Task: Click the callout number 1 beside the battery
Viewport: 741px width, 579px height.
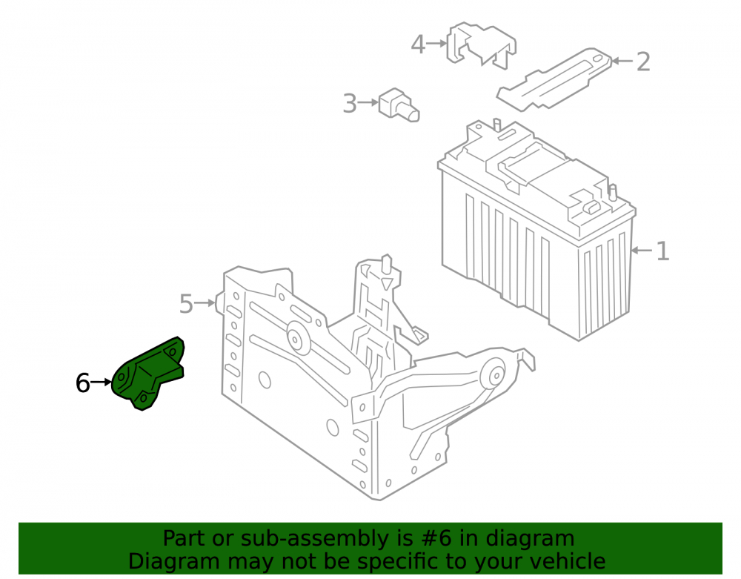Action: (x=663, y=251)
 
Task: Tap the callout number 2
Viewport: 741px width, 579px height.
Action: (x=643, y=62)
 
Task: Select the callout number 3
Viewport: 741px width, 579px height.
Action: (x=350, y=104)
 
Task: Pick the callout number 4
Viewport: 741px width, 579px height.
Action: (x=418, y=44)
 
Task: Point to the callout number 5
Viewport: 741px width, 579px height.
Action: (x=186, y=303)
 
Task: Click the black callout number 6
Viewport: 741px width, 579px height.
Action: (x=83, y=383)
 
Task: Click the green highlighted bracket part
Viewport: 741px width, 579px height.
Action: (x=147, y=374)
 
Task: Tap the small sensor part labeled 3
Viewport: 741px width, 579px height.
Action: (x=399, y=105)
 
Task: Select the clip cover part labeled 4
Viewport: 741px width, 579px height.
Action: (x=481, y=45)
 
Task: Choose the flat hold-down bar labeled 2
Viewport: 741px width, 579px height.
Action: (x=554, y=79)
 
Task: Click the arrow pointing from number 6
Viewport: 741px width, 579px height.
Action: (x=101, y=382)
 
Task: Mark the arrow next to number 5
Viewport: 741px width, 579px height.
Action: (x=205, y=302)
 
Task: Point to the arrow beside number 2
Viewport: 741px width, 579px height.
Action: (x=622, y=61)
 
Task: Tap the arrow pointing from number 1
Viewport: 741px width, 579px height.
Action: (x=642, y=250)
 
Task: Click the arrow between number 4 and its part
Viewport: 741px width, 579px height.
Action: (x=436, y=44)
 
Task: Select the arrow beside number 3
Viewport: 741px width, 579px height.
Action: (x=368, y=102)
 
